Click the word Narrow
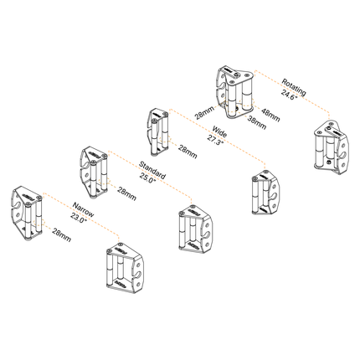click(x=83, y=210)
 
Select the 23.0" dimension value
click(x=79, y=218)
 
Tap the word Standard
click(x=152, y=170)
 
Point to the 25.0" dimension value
click(x=147, y=178)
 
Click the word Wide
click(x=219, y=131)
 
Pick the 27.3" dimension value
click(x=215, y=139)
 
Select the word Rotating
click(x=294, y=87)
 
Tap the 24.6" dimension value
click(x=289, y=94)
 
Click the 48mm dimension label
click(x=270, y=115)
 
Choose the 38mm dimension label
click(x=257, y=122)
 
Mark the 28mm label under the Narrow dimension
click(x=62, y=234)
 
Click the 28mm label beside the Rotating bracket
click(x=205, y=112)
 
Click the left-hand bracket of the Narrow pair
click(x=27, y=213)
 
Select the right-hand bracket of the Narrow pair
click(x=125, y=268)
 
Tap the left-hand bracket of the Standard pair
click(x=93, y=172)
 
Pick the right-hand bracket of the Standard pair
click(x=196, y=229)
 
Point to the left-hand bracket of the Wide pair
click(x=157, y=132)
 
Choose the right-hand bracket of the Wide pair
click(x=266, y=193)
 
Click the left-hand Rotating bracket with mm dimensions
click(x=234, y=92)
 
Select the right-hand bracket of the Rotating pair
click(x=332, y=147)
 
